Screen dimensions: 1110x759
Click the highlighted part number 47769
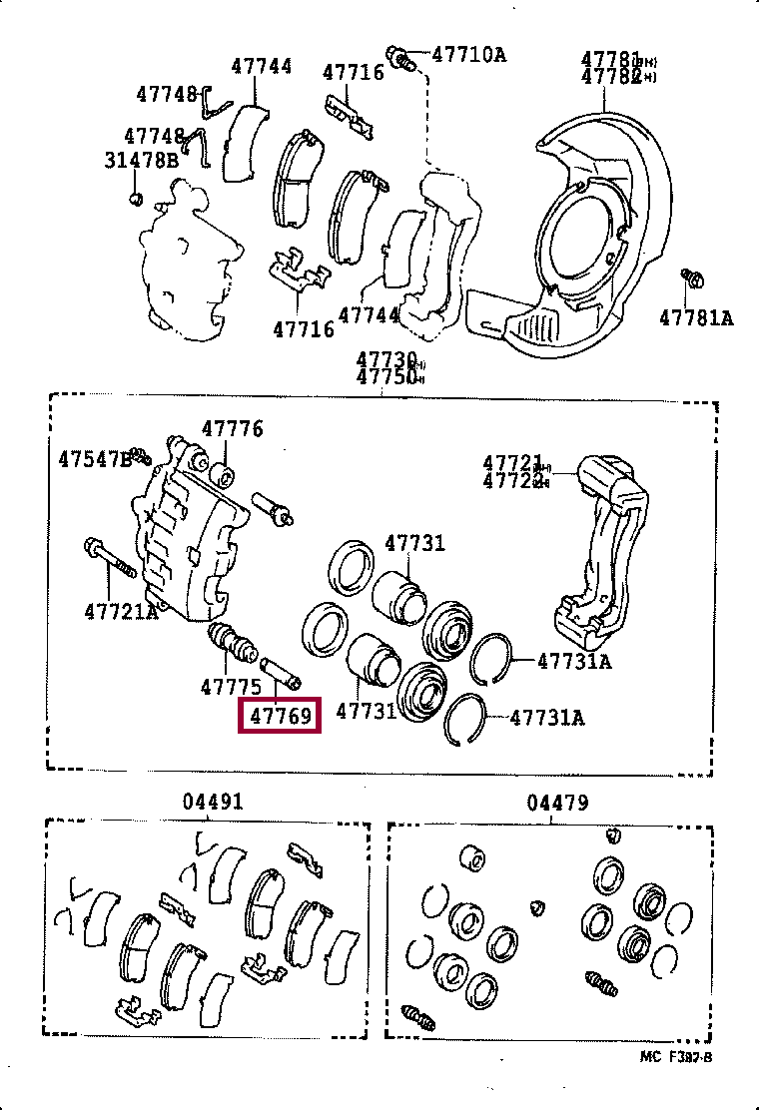point(280,716)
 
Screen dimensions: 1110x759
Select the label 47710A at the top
point(468,54)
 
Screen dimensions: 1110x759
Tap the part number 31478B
point(141,159)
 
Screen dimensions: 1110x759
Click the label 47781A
point(696,317)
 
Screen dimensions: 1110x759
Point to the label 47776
point(232,429)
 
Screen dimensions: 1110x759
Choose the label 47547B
point(94,460)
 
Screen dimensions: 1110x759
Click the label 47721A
point(121,611)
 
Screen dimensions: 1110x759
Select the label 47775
point(231,687)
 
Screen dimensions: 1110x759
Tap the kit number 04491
point(213,802)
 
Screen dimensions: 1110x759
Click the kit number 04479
point(557,802)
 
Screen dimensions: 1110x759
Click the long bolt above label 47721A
point(109,559)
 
